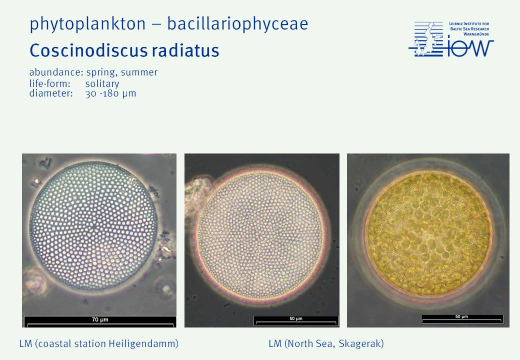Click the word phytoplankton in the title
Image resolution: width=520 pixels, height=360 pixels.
(x=87, y=24)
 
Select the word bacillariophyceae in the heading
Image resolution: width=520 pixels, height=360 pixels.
(x=237, y=24)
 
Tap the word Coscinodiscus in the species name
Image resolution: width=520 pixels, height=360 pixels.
(x=88, y=50)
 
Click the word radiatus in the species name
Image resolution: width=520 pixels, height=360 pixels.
(x=185, y=50)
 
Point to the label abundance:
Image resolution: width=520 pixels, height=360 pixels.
(x=56, y=72)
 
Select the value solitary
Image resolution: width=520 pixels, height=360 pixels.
(x=102, y=83)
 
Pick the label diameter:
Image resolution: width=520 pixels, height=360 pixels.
(x=50, y=93)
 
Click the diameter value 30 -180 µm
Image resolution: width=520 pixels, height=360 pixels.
(x=110, y=93)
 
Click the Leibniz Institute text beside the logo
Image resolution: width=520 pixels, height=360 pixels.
(x=469, y=29)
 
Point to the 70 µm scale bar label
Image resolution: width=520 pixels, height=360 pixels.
(x=100, y=319)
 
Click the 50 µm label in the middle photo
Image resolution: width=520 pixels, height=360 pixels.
(x=296, y=318)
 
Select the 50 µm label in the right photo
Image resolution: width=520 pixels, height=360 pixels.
(x=461, y=316)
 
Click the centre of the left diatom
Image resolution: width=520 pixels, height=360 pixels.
(x=94, y=226)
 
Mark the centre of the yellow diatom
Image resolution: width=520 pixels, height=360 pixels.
(x=428, y=232)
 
